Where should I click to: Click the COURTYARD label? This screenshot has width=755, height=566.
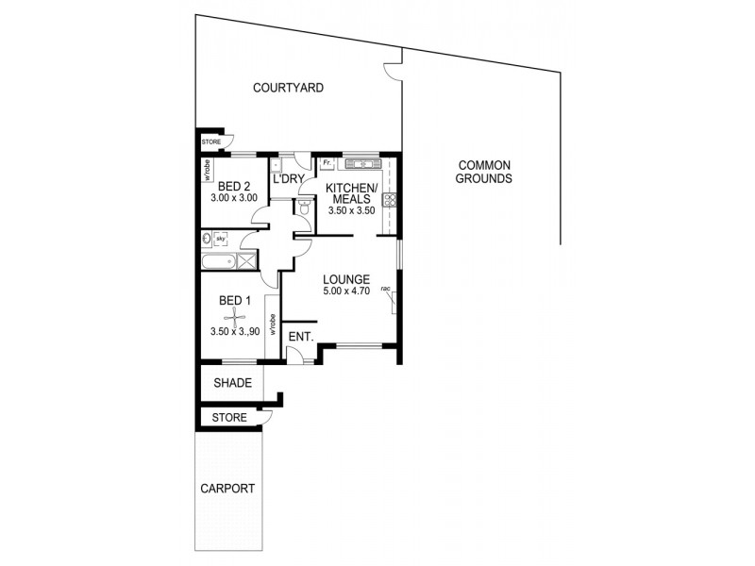click(288, 88)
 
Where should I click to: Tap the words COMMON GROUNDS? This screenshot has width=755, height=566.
click(483, 171)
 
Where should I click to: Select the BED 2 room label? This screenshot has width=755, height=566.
click(233, 186)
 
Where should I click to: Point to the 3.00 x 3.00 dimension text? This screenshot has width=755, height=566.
click(233, 199)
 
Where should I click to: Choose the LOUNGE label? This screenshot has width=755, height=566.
click(344, 279)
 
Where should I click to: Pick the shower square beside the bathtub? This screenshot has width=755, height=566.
click(245, 263)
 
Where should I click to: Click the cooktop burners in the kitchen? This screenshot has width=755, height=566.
click(388, 200)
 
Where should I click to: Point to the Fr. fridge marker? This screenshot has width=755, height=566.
click(327, 162)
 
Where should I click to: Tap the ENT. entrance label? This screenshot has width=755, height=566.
click(300, 336)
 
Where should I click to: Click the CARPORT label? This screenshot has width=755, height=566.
click(227, 489)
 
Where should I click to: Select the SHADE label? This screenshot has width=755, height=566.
click(232, 383)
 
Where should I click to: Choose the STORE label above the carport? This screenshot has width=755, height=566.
click(229, 417)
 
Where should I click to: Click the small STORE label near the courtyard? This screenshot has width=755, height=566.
click(211, 142)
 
